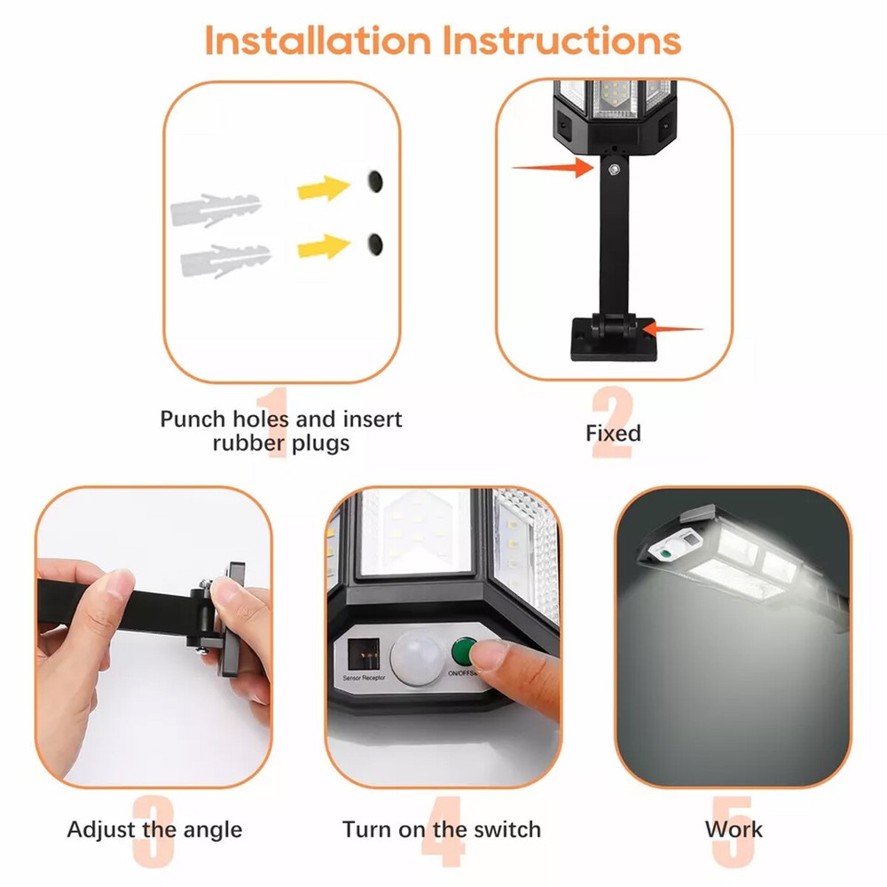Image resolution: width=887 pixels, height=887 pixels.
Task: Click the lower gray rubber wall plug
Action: click(x=224, y=260)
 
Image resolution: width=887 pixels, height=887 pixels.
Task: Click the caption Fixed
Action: click(x=613, y=433)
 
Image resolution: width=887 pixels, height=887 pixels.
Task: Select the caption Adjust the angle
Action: click(x=154, y=830)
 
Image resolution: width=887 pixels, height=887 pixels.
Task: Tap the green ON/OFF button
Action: click(x=462, y=652)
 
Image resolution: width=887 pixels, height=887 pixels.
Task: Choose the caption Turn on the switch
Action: click(x=441, y=830)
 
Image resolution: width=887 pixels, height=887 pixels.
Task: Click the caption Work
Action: click(x=734, y=830)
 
